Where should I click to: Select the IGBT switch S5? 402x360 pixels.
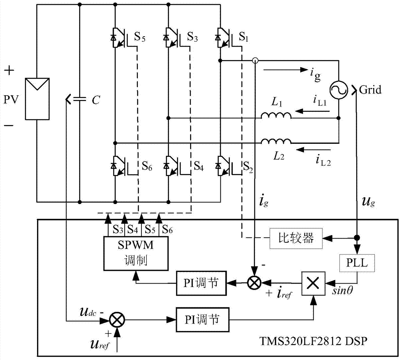pos(119,39)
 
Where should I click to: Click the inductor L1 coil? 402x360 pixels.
pos(276,116)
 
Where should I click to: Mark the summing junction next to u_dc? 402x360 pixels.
pos(117,320)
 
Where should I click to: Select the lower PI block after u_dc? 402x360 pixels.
pos(202,320)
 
